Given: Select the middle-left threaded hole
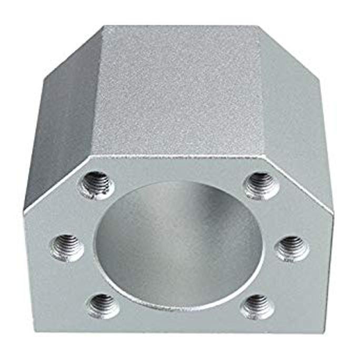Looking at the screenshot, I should click(x=67, y=246).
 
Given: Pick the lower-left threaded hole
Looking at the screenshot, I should click(x=102, y=305).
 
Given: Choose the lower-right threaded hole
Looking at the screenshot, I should click(x=256, y=305).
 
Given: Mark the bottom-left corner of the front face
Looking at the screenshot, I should click(x=35, y=331).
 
